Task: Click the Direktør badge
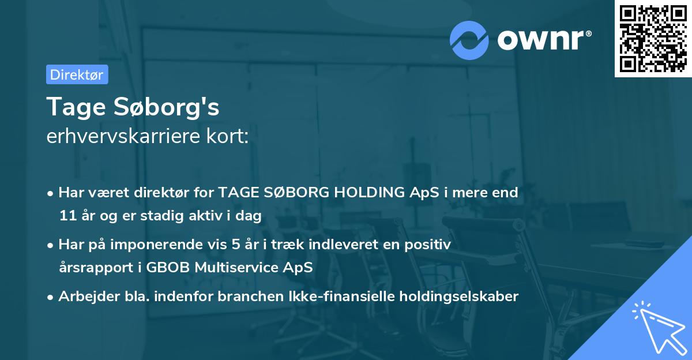click(x=77, y=74)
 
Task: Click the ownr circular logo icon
click(x=469, y=40)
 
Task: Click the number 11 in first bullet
click(x=67, y=216)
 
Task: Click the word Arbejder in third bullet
click(x=84, y=297)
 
